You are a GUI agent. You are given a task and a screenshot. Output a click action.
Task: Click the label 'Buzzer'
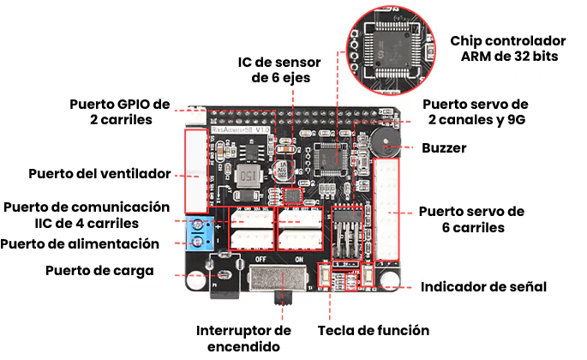coord(444,148)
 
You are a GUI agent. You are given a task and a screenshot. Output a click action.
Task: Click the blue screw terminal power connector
coord(200,234)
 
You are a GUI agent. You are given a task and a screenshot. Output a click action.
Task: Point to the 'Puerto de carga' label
coord(99,271)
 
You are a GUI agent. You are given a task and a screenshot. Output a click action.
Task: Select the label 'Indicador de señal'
coord(483,287)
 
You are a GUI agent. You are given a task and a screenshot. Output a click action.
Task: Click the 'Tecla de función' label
coord(373,330)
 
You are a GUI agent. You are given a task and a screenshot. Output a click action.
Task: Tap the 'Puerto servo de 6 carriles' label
coord(470,219)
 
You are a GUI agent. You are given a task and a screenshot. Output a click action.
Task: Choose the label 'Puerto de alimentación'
coord(81,243)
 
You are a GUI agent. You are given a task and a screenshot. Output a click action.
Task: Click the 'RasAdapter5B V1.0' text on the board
coord(229,130)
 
